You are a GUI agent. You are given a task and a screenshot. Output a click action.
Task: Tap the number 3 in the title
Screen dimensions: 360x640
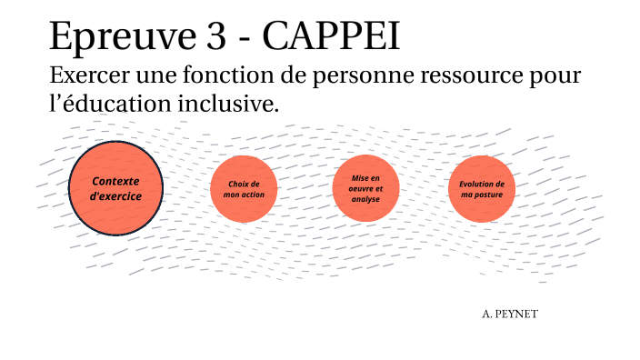(x=211, y=38)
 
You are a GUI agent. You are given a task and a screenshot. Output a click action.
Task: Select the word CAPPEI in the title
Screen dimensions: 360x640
(x=331, y=38)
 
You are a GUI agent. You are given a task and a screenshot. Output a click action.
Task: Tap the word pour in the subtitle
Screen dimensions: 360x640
(x=553, y=77)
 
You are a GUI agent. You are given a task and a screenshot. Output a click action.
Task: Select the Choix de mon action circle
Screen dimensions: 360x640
(x=242, y=189)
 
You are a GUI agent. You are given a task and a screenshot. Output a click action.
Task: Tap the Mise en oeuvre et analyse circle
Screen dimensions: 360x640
(x=365, y=188)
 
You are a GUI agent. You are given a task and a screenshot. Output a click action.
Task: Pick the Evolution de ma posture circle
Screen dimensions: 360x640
(x=481, y=189)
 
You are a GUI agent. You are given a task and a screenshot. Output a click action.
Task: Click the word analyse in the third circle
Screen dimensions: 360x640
(x=365, y=199)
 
